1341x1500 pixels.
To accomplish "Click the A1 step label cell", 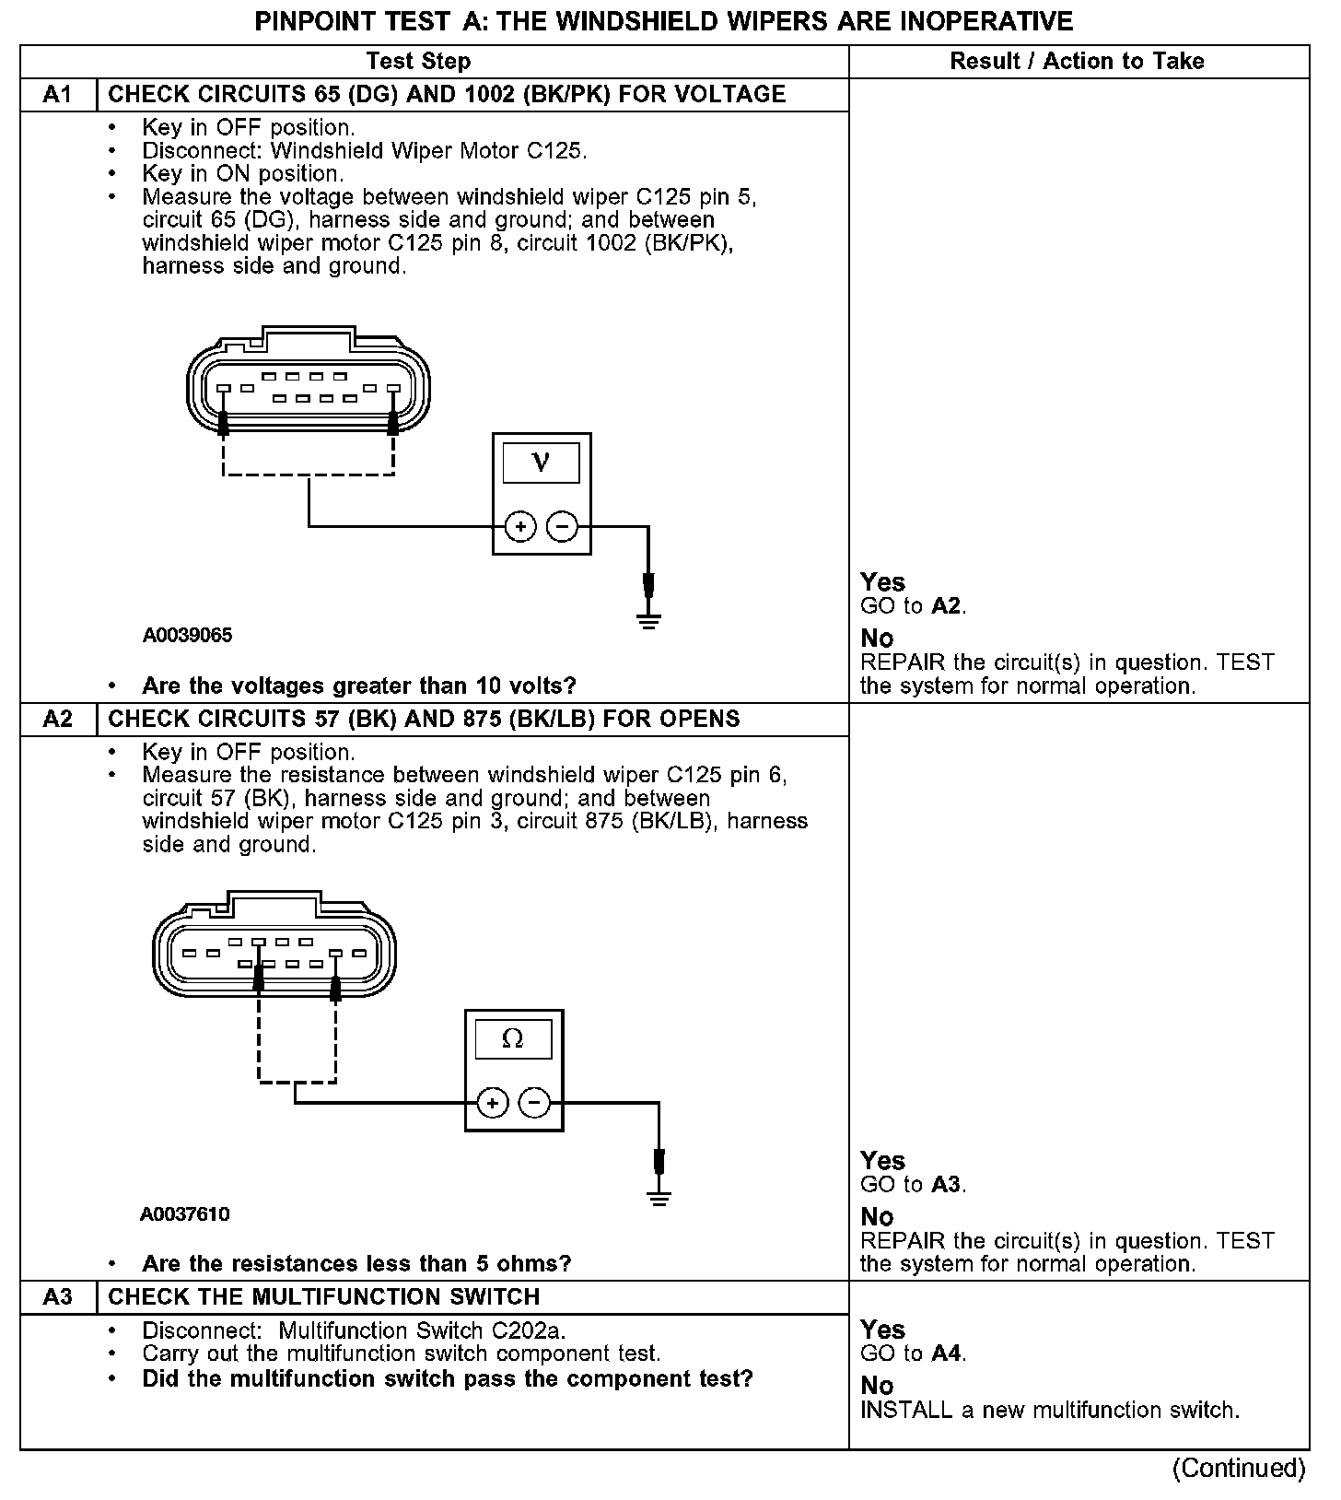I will tap(57, 95).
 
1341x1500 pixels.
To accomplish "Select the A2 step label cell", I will tap(57, 719).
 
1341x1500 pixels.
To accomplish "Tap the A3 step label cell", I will tap(57, 1296).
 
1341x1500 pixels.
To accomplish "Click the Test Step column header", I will tap(418, 62).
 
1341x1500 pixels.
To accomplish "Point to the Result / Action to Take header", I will tap(1077, 62).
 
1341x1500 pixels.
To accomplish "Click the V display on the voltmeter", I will tap(542, 463).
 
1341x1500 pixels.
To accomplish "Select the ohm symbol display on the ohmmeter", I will tap(513, 1039).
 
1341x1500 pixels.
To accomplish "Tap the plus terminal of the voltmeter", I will tap(520, 527).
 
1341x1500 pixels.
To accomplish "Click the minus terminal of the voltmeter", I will tap(562, 527).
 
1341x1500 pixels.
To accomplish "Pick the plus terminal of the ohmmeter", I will tap(493, 1103).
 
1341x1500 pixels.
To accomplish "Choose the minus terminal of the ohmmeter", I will tap(534, 1103).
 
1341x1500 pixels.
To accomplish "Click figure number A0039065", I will tap(187, 635).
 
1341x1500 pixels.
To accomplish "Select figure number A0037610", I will tap(184, 1213).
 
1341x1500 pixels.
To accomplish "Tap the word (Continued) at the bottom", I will tap(1239, 1468).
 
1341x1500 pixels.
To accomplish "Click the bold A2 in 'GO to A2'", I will tap(947, 606).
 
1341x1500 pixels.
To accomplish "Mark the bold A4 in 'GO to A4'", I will tap(947, 1354).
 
